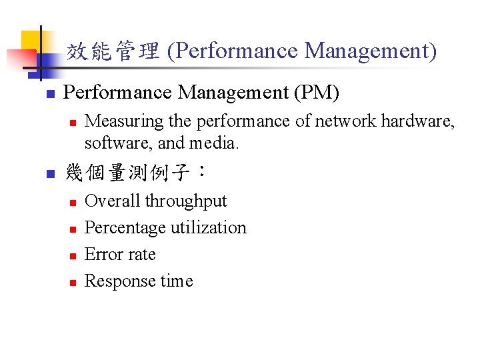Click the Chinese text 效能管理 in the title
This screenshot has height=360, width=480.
pyautogui.click(x=113, y=51)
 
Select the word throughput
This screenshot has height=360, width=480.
pyautogui.click(x=186, y=201)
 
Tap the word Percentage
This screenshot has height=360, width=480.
pyautogui.click(x=123, y=228)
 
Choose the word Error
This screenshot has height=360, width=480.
pyautogui.click(x=100, y=255)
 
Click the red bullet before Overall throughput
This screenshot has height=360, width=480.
pyautogui.click(x=74, y=202)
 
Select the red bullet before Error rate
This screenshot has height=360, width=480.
pyautogui.click(x=74, y=255)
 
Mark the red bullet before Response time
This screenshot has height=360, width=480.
pyautogui.click(x=74, y=282)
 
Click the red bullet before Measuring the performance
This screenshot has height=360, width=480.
pyautogui.click(x=74, y=122)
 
